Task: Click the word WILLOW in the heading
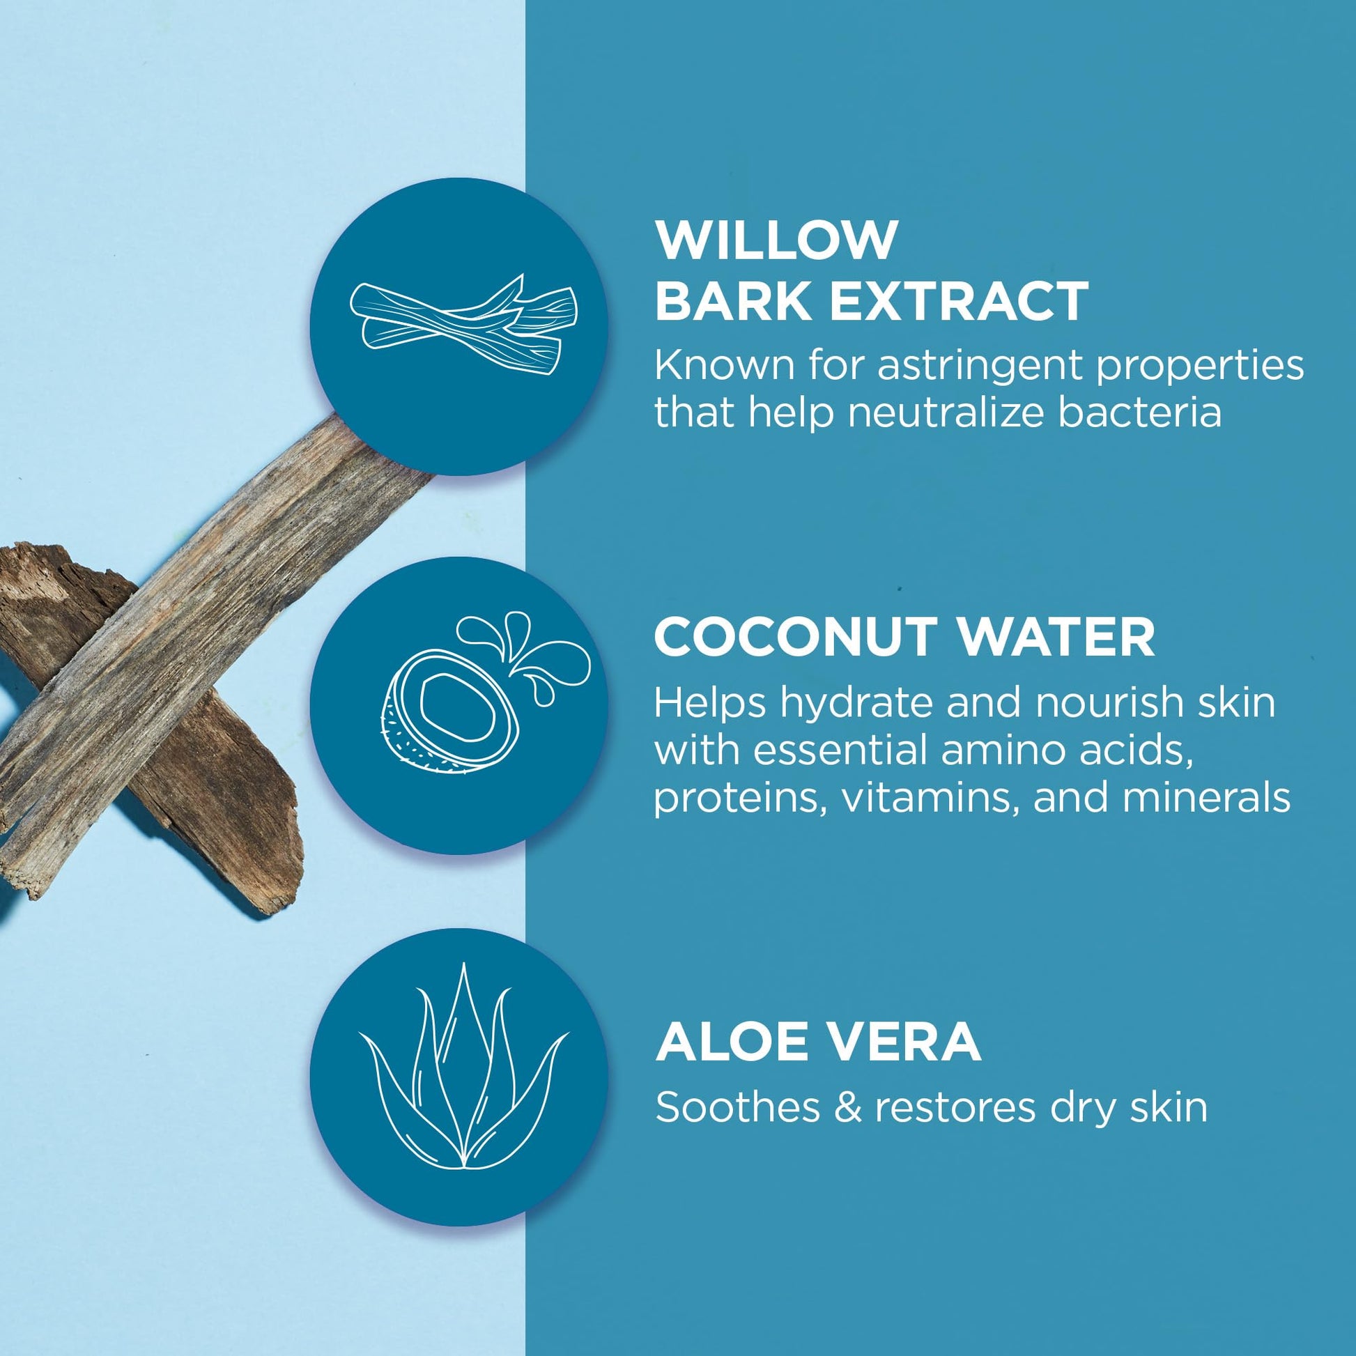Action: (776, 239)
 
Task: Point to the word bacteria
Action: (1140, 412)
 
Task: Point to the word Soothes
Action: (737, 1107)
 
